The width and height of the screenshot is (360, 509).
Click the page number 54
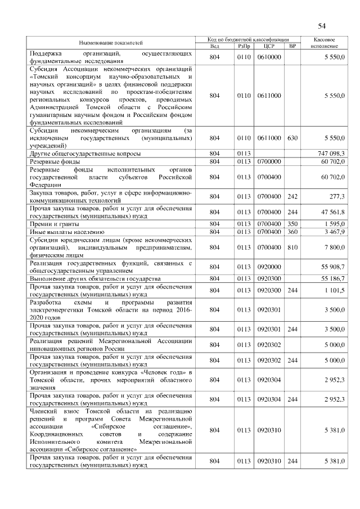point(322,26)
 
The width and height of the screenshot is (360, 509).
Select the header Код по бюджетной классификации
point(246,40)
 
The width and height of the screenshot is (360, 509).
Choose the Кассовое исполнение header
point(326,43)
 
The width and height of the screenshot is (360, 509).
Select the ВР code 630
point(291,138)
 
